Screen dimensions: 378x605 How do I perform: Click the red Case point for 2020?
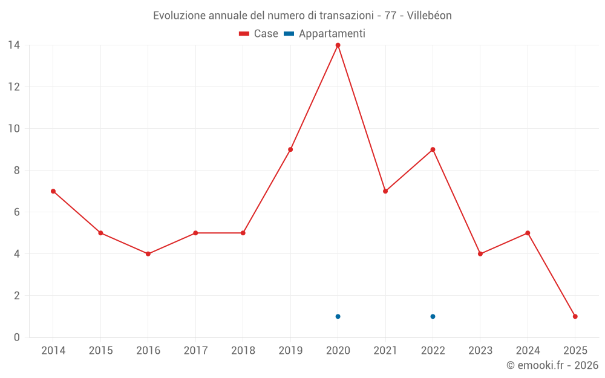tap(338, 45)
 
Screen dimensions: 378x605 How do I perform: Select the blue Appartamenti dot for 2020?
tap(338, 316)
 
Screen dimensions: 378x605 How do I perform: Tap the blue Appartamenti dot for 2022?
tap(433, 316)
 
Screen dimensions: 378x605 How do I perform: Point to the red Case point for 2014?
tap(53, 191)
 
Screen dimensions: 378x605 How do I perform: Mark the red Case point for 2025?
tap(575, 316)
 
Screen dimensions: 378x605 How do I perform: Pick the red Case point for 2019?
tap(290, 149)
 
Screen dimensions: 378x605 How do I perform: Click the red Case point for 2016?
tap(148, 254)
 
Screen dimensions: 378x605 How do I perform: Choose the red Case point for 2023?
tap(480, 254)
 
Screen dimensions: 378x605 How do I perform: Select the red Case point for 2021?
tap(385, 191)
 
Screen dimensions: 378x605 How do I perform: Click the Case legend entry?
tap(259, 34)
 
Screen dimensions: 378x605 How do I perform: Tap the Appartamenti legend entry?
tap(325, 34)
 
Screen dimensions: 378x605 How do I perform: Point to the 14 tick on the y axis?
tap(14, 45)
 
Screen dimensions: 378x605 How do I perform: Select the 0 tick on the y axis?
tap(17, 337)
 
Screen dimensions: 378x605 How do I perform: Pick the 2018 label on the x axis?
tap(243, 351)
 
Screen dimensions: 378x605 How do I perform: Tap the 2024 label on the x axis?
tap(528, 351)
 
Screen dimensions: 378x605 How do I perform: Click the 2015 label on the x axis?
tap(100, 351)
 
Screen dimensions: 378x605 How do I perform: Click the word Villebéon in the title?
tap(429, 16)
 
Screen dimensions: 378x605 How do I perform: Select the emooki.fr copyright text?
tap(552, 365)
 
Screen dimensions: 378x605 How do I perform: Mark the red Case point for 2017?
tap(195, 233)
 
